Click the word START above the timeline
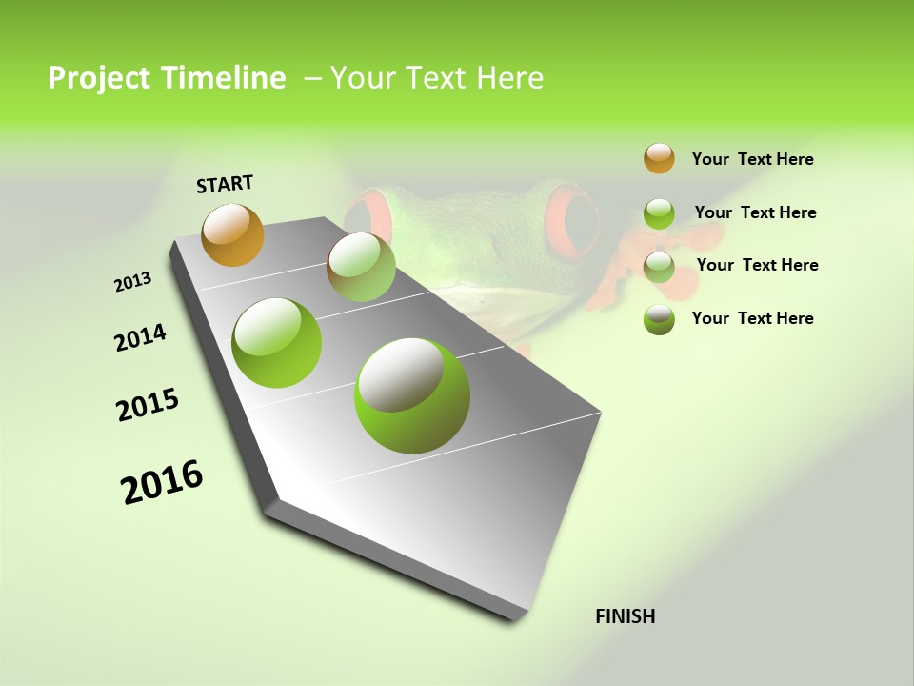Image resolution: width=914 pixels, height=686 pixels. click(225, 184)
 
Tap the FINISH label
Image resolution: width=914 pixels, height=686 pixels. click(625, 616)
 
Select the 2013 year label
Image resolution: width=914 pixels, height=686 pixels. click(133, 281)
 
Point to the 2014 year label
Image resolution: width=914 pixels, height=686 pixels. click(140, 337)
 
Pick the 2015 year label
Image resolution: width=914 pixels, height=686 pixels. click(148, 405)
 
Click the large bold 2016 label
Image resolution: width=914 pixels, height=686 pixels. click(162, 482)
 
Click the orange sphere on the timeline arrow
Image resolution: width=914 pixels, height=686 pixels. click(232, 234)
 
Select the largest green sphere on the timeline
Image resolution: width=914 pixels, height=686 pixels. click(412, 395)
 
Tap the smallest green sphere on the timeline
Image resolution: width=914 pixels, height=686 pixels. click(361, 267)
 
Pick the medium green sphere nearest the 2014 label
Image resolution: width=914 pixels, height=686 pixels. click(277, 343)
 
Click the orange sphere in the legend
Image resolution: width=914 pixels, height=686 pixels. click(659, 158)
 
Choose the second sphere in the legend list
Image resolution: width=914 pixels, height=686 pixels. click(659, 213)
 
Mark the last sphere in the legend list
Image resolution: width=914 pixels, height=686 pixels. click(659, 319)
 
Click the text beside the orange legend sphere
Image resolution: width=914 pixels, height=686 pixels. click(752, 159)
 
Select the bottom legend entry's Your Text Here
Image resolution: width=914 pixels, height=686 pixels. click(752, 318)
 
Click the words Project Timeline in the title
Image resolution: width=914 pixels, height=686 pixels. click(167, 78)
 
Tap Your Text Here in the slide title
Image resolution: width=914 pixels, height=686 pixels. click(437, 78)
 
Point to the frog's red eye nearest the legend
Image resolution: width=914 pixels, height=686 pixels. click(579, 224)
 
